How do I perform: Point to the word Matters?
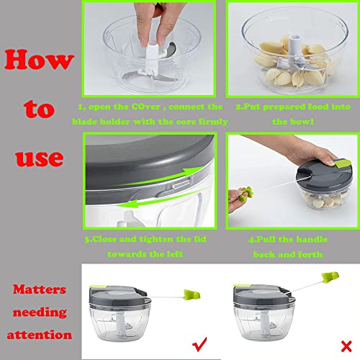coord(42,290)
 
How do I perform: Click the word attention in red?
coord(42,336)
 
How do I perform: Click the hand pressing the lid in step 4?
coord(302,158)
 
